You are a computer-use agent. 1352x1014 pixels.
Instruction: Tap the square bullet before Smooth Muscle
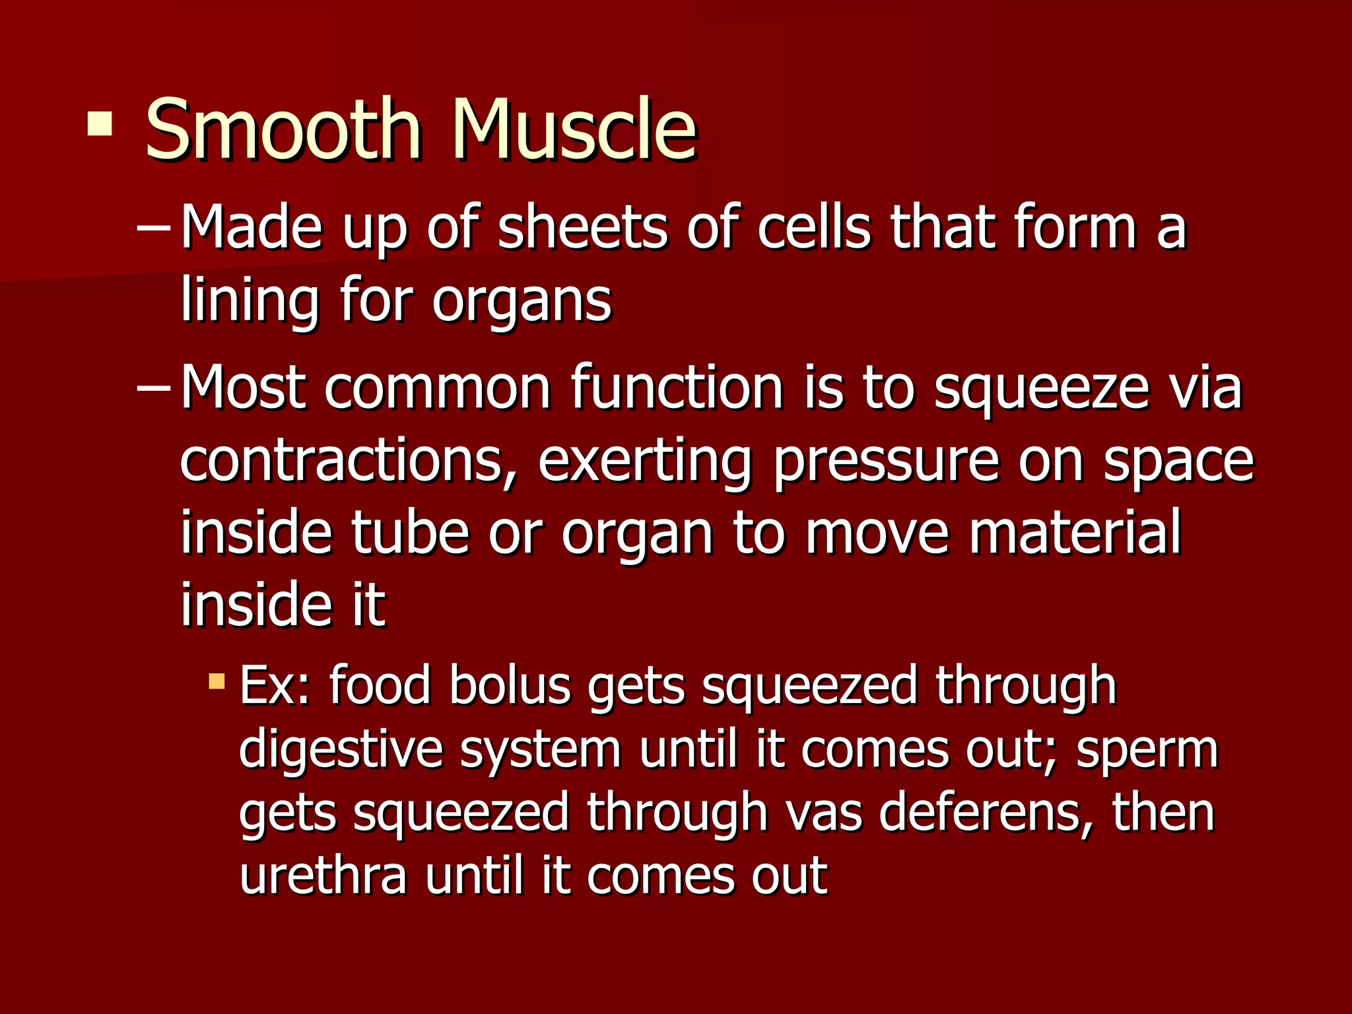click(100, 123)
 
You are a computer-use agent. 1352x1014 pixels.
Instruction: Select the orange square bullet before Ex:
click(216, 681)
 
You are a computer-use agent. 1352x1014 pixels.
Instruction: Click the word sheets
click(582, 228)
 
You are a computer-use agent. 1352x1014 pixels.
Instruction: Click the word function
click(677, 388)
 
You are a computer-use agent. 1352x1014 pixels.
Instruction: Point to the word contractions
click(343, 461)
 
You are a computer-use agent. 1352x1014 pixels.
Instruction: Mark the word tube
click(409, 533)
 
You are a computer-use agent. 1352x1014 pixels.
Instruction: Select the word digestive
click(341, 751)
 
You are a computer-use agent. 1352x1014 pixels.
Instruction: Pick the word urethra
click(323, 875)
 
